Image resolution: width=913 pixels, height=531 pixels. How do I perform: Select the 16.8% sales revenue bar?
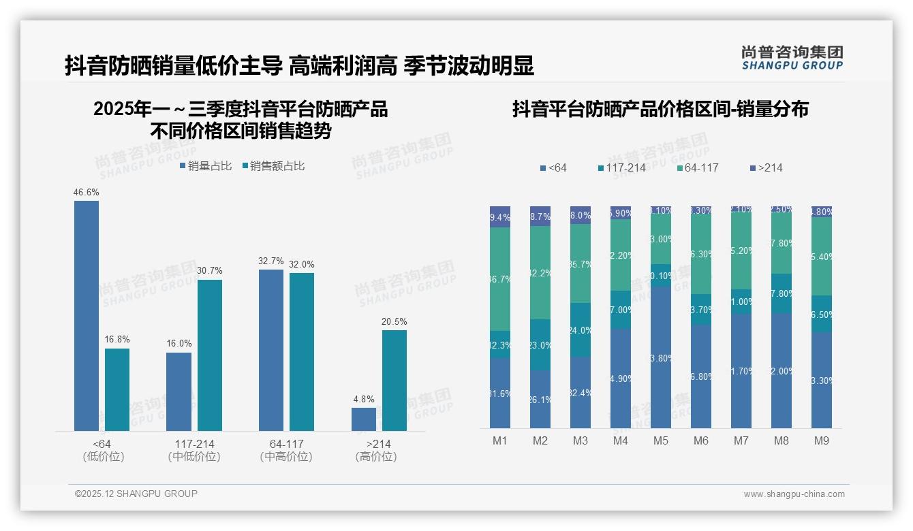coord(117,389)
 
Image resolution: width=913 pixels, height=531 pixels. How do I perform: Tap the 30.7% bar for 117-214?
coord(210,355)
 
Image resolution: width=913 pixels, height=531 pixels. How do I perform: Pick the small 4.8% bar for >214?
coord(364,419)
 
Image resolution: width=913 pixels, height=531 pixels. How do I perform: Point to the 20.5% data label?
coord(394,321)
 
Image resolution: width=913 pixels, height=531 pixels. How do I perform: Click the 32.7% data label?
coord(271,261)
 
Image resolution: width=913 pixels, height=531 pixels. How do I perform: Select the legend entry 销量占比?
coord(206,166)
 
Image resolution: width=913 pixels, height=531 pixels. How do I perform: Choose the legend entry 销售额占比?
coord(273,166)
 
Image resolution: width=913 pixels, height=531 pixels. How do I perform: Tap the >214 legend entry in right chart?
coord(767,167)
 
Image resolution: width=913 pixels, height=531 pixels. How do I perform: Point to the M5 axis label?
coord(661,440)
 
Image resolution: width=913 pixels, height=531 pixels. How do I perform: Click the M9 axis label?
coord(822,440)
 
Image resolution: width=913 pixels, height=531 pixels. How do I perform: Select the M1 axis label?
coord(500,440)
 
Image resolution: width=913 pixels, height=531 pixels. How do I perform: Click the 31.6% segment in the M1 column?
coord(500,393)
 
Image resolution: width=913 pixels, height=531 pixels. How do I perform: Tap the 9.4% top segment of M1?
coord(500,217)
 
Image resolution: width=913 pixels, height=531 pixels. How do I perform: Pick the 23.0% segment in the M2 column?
coord(540,344)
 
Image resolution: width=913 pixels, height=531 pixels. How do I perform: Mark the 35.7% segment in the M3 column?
coord(581,263)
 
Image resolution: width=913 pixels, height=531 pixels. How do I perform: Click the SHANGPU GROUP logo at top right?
coord(792,58)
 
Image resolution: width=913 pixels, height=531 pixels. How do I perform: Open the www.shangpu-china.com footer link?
coord(794,494)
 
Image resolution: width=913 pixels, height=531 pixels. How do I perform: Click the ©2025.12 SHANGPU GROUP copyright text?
coord(136,494)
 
